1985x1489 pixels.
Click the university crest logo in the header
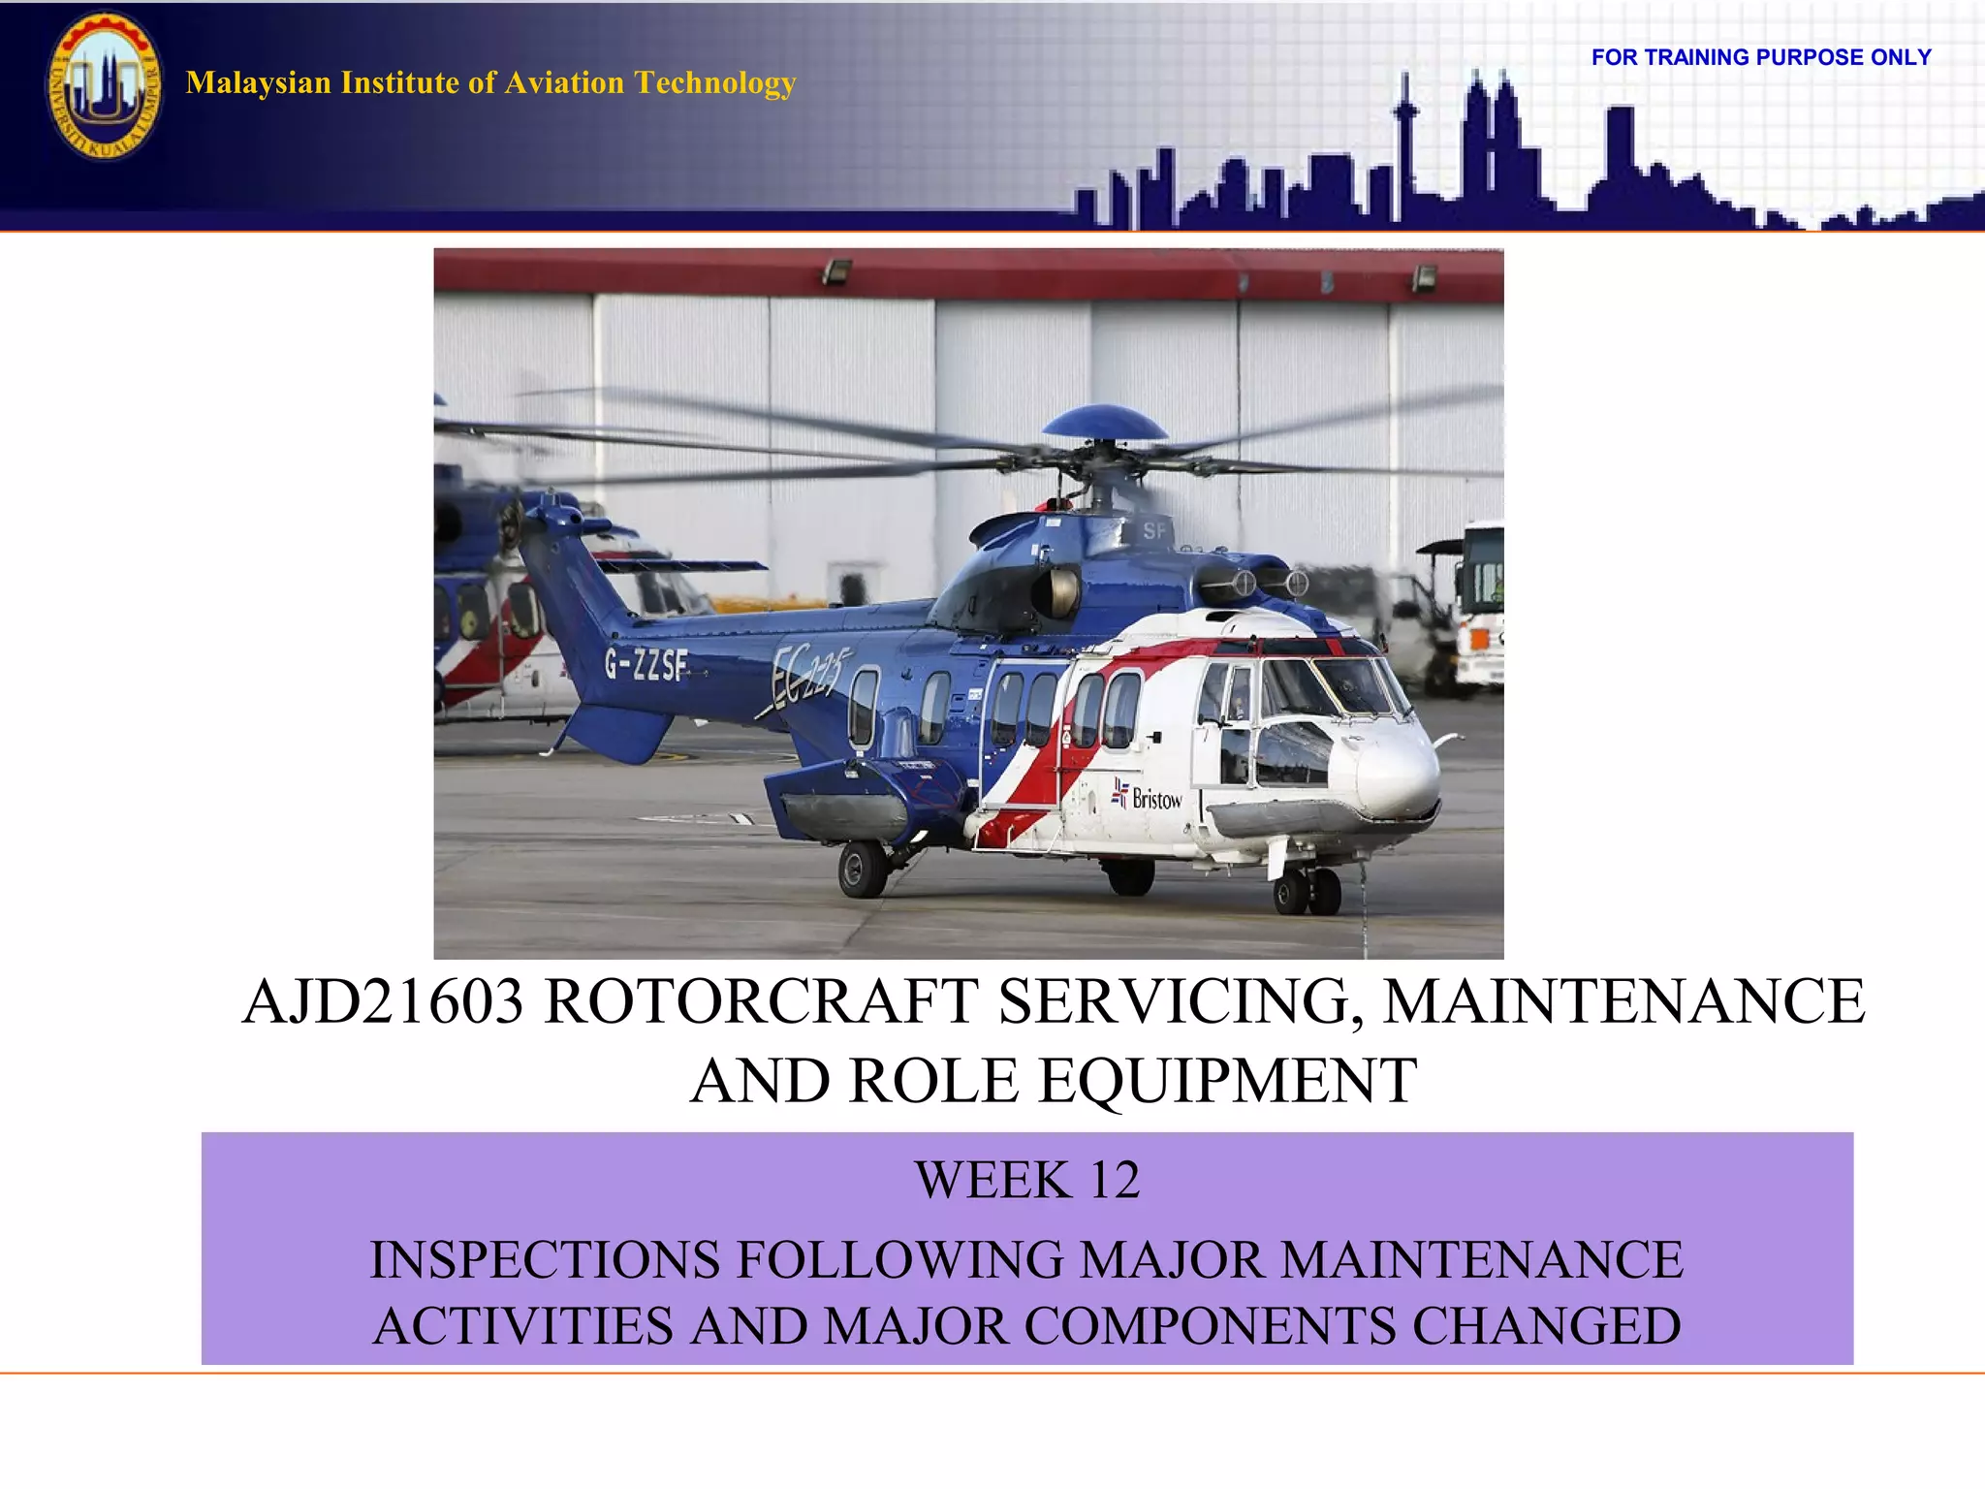[104, 85]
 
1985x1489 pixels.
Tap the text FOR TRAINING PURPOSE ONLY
[1761, 57]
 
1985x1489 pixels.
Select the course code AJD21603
[383, 1001]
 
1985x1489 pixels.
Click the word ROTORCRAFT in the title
[761, 1001]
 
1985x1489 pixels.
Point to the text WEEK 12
[1027, 1180]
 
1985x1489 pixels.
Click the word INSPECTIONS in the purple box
[546, 1260]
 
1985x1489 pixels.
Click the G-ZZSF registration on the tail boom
[646, 665]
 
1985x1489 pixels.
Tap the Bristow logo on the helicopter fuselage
[1149, 797]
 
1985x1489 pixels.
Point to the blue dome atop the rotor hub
[1105, 424]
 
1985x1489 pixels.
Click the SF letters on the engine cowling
[1154, 530]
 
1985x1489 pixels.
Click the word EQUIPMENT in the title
[1228, 1081]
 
